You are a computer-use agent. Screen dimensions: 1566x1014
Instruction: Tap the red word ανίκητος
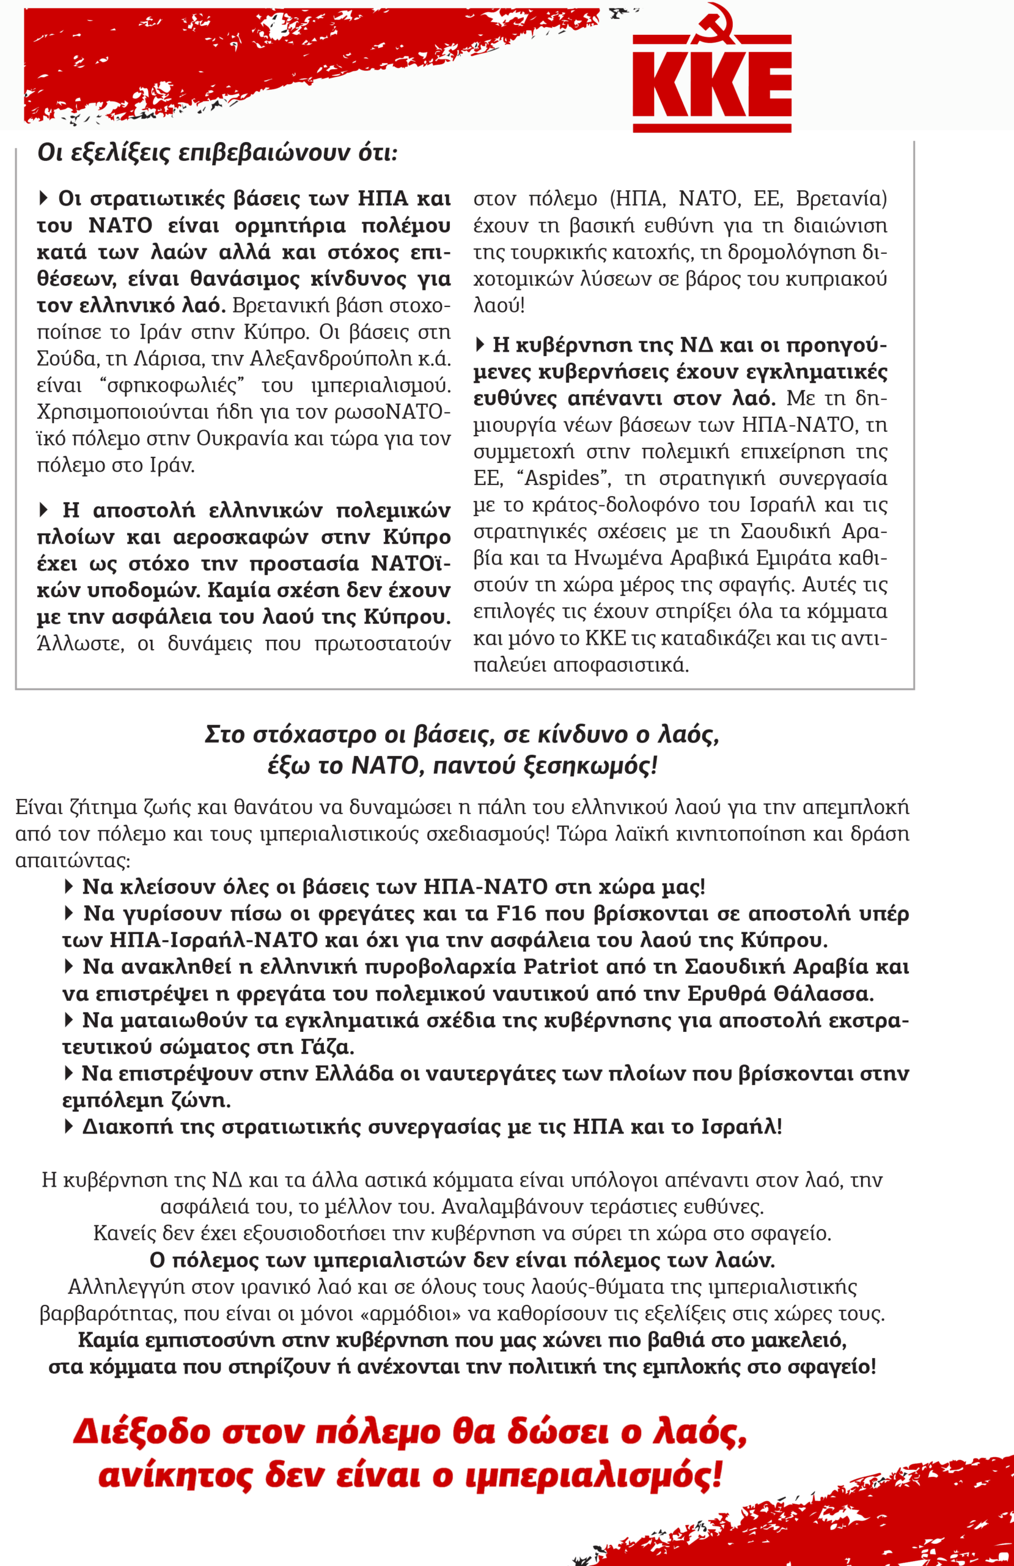coord(175,1476)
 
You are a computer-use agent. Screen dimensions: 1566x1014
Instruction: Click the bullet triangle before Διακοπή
coord(68,1126)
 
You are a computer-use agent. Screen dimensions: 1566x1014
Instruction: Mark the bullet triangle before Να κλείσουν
coord(68,886)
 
